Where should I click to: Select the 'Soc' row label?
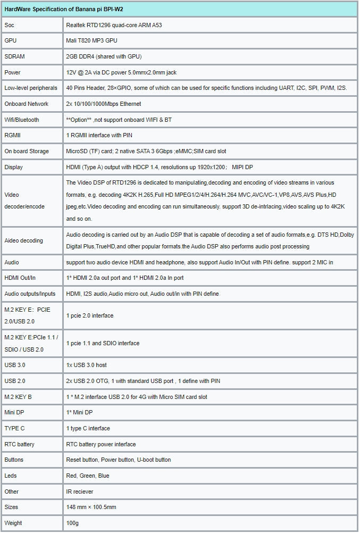point(10,25)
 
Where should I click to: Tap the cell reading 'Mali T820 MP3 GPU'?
point(91,40)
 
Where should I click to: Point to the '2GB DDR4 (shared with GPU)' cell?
point(104,56)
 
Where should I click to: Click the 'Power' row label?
point(13,72)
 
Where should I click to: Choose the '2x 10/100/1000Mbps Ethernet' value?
point(103,104)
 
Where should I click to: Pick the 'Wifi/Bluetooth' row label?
point(22,120)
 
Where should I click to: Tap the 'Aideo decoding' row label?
point(23,240)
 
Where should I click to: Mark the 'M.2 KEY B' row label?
point(18,397)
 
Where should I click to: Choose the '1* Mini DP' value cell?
point(79,413)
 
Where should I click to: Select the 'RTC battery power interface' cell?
point(101,444)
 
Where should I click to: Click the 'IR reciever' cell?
point(79,492)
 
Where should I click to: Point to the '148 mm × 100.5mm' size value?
point(91,507)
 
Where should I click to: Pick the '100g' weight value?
point(72,523)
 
